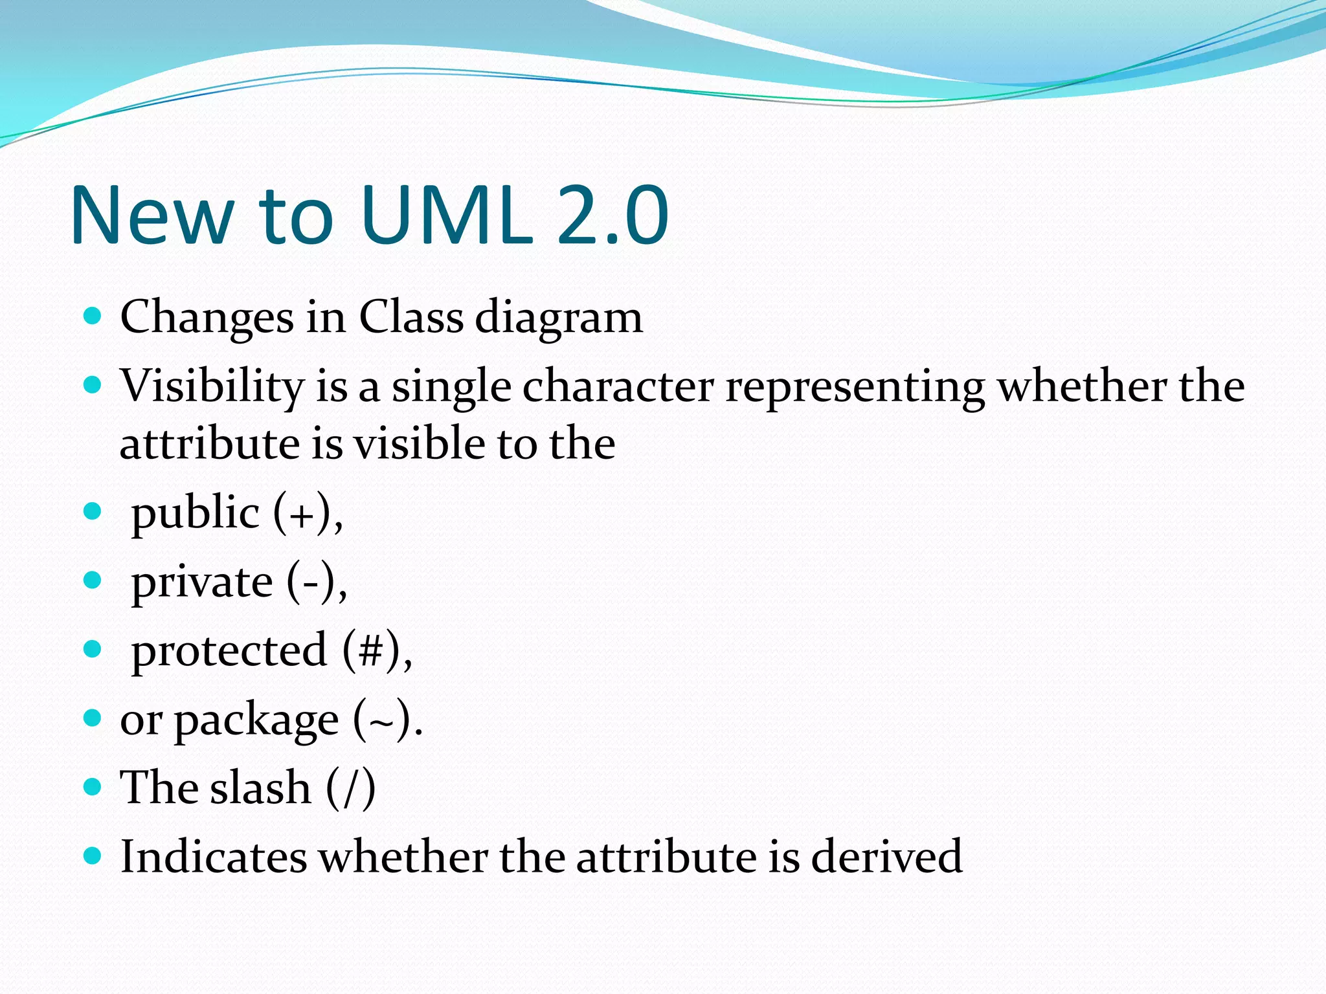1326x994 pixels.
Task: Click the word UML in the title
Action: pyautogui.click(x=447, y=215)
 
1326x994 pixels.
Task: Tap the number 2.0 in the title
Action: pyautogui.click(x=612, y=215)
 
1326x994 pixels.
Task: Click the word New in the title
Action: pyautogui.click(x=152, y=215)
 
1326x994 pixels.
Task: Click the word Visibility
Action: pyautogui.click(x=212, y=386)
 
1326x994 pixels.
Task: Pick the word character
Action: pyautogui.click(x=618, y=386)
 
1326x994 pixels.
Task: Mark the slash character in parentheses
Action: pyautogui.click(x=350, y=788)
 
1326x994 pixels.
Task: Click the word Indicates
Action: pyautogui.click(x=214, y=857)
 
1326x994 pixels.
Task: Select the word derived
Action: pyautogui.click(x=886, y=857)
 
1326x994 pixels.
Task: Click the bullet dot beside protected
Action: pyautogui.click(x=93, y=649)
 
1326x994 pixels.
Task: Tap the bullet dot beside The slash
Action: pyautogui.click(x=93, y=787)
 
